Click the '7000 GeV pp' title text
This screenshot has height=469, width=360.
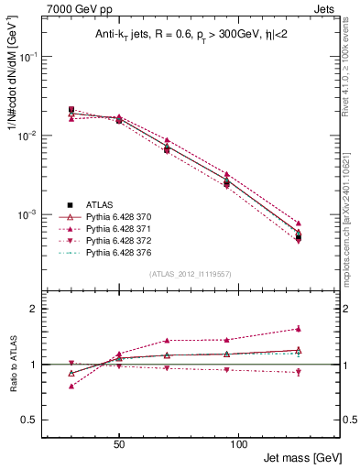pos(73,8)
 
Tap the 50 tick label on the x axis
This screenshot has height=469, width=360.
pos(119,442)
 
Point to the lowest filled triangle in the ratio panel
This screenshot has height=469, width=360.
pos(71,386)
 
